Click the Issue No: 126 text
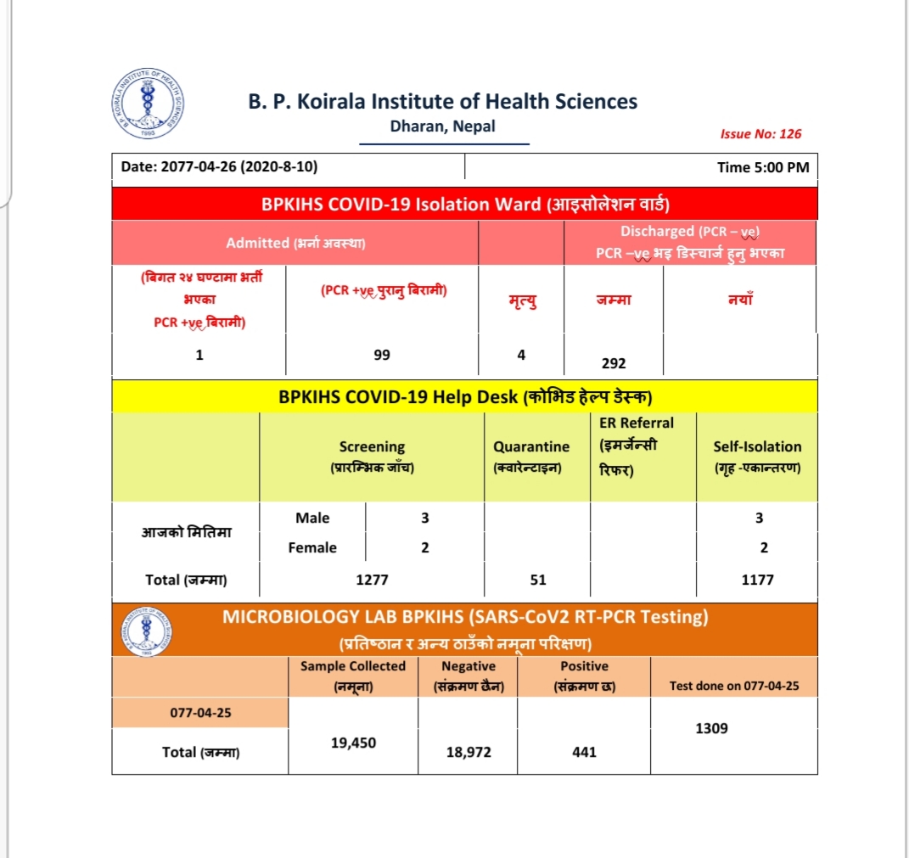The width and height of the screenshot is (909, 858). (760, 134)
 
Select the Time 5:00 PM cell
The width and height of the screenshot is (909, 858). (762, 167)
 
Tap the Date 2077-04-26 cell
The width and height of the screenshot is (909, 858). (220, 167)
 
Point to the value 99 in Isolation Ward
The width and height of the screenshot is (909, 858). (382, 355)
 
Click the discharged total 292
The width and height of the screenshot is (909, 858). (613, 363)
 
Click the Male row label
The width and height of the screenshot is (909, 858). (312, 518)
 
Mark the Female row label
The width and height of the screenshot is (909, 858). (312, 548)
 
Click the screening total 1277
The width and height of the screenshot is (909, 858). (372, 580)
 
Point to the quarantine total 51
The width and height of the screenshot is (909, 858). (537, 580)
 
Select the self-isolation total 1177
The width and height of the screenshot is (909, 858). (757, 580)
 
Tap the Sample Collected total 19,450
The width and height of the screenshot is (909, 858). (353, 743)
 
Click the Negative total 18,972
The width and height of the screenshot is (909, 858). (469, 752)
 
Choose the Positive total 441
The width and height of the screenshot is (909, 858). (584, 752)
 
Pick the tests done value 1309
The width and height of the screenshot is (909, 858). (711, 728)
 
